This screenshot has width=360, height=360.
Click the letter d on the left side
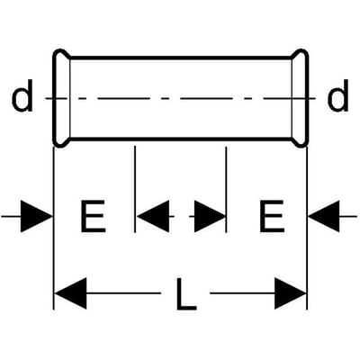(x=22, y=96)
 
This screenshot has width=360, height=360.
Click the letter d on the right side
(x=338, y=96)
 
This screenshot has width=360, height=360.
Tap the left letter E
(x=93, y=216)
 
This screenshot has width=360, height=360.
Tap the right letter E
(x=272, y=216)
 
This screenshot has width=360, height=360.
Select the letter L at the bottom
(x=186, y=293)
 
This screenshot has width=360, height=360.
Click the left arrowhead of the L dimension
(x=71, y=293)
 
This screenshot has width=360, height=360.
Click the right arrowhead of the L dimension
(x=291, y=293)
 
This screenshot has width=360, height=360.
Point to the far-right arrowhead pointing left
(x=324, y=216)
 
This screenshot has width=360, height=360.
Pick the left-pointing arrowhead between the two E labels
(x=153, y=216)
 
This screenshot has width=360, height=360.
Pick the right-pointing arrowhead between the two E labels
(x=210, y=216)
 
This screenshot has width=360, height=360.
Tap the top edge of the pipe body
(x=181, y=58)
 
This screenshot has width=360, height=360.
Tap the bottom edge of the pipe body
(x=181, y=139)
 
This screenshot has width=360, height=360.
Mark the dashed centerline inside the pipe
(x=181, y=98)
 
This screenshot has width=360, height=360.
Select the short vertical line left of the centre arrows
(x=135, y=189)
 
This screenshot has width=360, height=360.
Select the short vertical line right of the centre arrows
(x=226, y=189)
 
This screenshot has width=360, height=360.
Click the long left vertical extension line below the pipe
(x=53, y=228)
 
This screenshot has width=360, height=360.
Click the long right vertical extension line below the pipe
(x=307, y=228)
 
